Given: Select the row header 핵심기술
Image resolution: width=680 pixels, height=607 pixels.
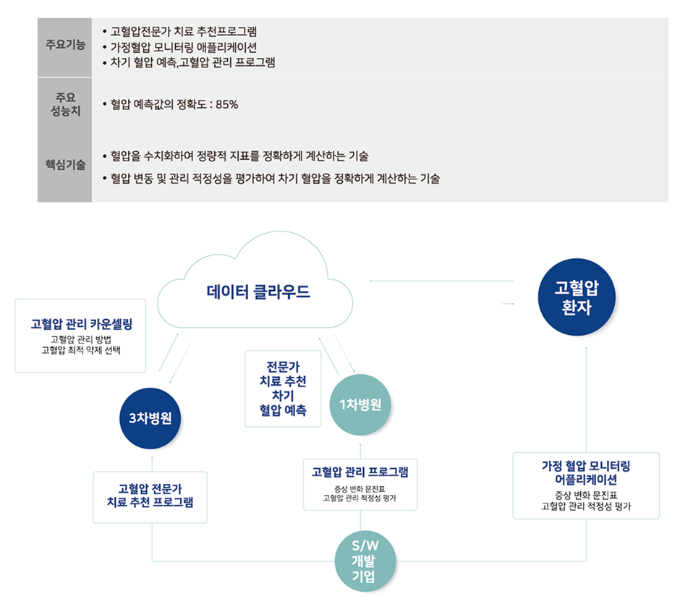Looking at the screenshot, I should tap(64, 164).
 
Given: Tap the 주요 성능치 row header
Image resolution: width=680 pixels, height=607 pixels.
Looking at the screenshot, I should tap(64, 104).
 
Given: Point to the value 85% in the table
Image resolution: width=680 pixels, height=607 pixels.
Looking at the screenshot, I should tap(226, 105).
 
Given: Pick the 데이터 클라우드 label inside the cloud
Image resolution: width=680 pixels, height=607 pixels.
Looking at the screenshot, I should tap(258, 292).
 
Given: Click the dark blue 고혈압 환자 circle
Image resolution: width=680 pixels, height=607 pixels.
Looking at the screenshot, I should tap(576, 297).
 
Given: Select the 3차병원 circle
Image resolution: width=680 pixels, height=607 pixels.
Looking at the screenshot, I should tap(150, 419).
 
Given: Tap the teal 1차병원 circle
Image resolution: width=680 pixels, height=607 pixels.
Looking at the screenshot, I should tap(360, 404).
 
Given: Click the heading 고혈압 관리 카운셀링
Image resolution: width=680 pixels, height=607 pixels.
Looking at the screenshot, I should tap(82, 323).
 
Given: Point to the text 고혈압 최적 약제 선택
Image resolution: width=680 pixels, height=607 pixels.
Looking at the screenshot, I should tap(82, 351).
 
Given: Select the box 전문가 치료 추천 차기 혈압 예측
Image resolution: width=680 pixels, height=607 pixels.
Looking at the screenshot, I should tap(283, 389).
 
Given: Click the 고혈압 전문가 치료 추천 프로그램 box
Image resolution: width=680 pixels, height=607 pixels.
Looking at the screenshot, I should tap(150, 496).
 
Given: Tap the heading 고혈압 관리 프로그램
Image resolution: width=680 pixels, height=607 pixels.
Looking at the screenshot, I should tap(360, 472).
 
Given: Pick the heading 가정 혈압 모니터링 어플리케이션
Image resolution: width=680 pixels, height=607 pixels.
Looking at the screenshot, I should tap(586, 472).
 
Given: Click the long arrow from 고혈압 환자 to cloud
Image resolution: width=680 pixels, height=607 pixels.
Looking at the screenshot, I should tap(441, 281).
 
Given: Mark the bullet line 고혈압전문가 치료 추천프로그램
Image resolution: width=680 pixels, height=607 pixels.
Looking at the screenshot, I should tap(184, 32).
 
